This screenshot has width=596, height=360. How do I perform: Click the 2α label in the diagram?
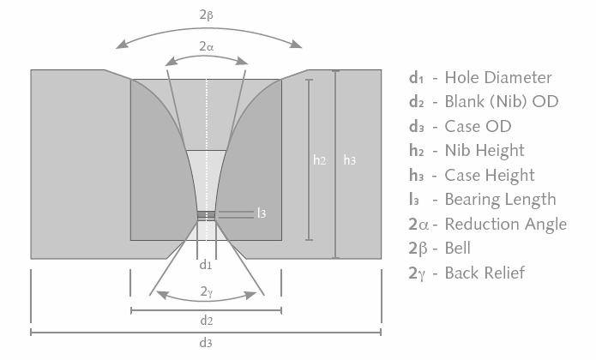206,48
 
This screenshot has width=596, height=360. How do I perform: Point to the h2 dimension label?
319,160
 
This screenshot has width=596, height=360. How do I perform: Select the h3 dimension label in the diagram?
350,160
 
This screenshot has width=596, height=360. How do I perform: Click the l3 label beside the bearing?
262,213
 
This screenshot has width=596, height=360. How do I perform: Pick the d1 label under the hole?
206,265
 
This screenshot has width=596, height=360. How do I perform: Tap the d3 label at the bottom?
206,343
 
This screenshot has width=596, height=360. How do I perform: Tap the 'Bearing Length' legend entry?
500,200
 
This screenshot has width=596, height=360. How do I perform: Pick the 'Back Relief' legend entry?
485,273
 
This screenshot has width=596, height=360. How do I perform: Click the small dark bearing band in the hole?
206,215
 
